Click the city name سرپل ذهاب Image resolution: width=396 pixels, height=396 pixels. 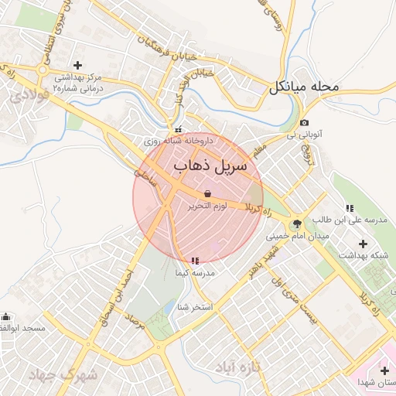(x=210, y=166)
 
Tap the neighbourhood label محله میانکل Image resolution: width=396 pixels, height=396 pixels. (x=304, y=87)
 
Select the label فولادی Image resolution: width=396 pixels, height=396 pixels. (x=31, y=95)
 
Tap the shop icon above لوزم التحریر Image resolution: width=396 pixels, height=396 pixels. (x=207, y=193)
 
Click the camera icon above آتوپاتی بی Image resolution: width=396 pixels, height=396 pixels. (x=304, y=123)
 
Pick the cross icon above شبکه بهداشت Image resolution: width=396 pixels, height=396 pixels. (x=363, y=244)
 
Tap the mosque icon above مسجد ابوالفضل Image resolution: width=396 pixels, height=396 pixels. (x=6, y=316)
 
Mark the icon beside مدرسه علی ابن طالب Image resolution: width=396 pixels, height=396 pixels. (x=350, y=207)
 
